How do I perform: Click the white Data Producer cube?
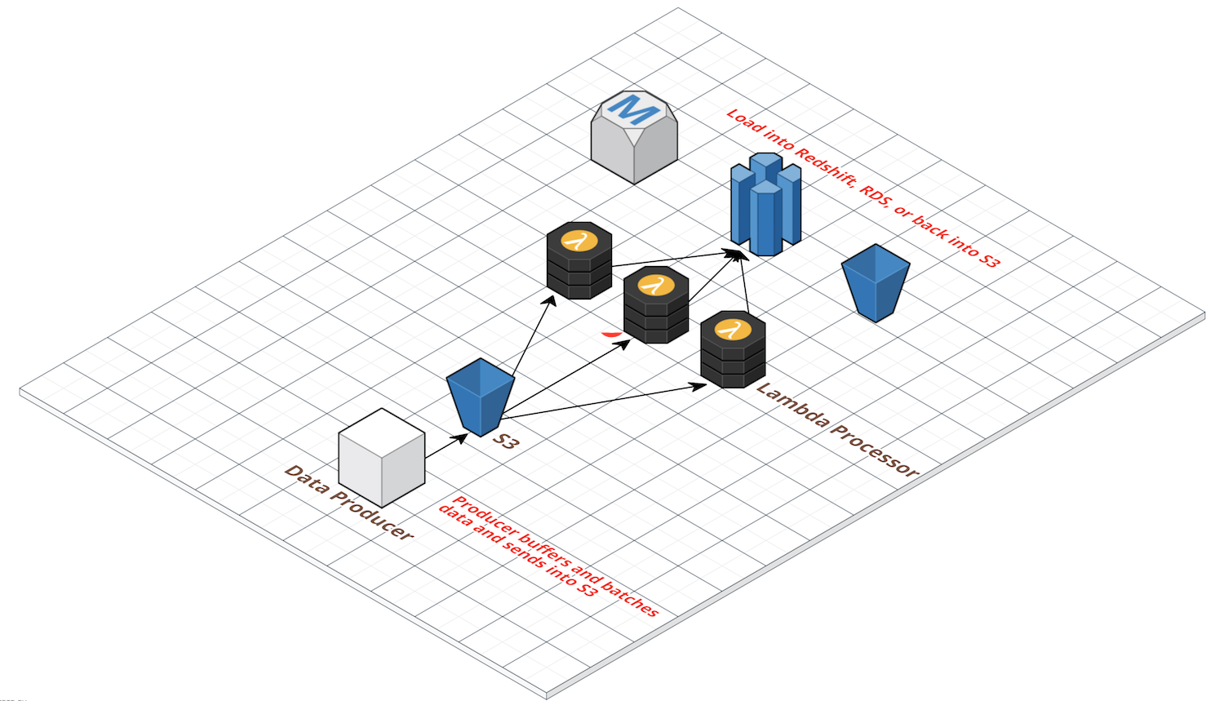[381, 458]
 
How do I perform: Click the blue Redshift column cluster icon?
[765, 204]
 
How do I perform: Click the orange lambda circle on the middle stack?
[654, 285]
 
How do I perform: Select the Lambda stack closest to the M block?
[579, 261]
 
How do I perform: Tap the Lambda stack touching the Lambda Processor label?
[732, 349]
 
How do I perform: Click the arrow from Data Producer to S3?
[446, 446]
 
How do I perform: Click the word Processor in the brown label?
[875, 449]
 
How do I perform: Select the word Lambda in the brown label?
[792, 405]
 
